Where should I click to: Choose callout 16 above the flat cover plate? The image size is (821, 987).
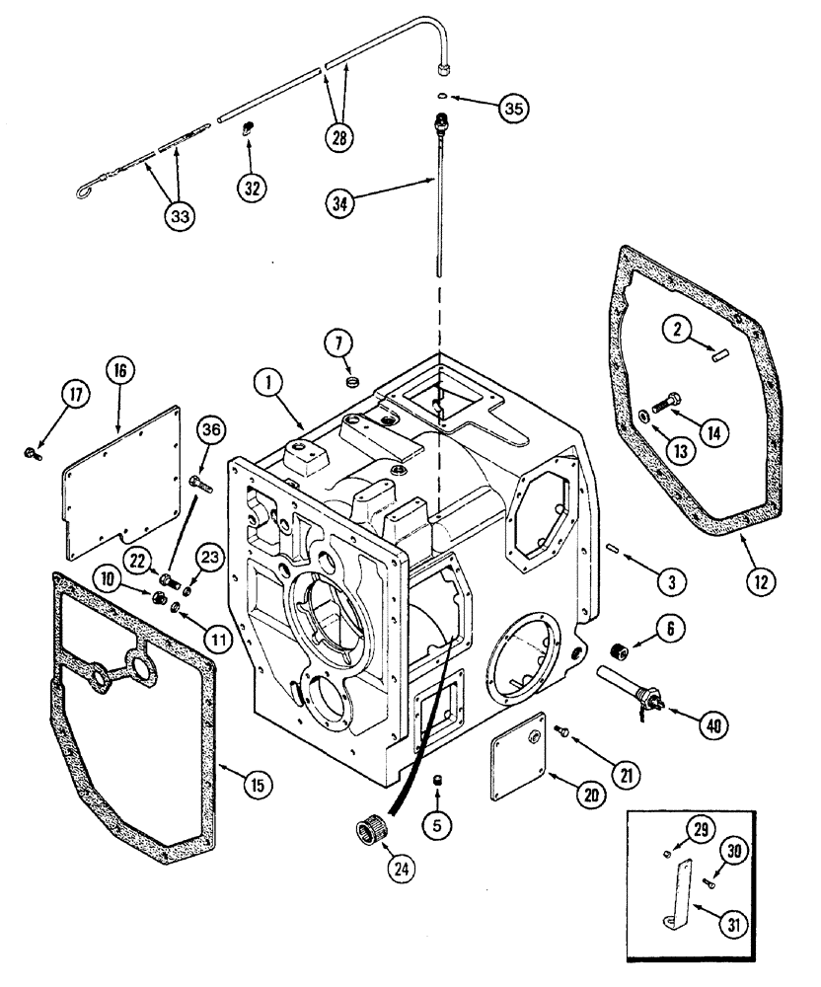pos(119,372)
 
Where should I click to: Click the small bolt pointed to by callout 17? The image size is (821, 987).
pos(30,453)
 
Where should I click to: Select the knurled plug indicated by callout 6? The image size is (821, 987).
pos(622,652)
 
